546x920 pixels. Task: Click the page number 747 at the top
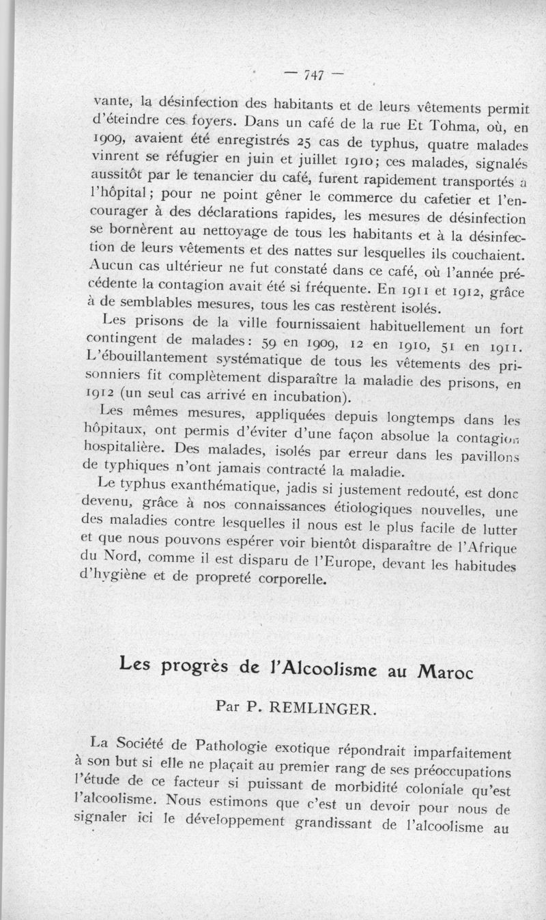point(315,74)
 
